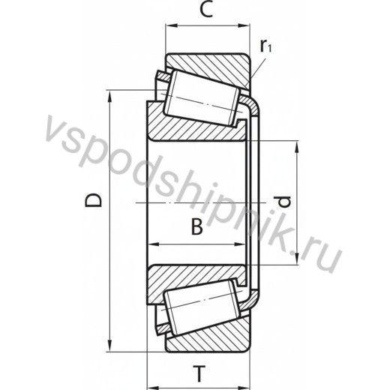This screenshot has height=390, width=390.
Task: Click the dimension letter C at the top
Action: click(x=207, y=10)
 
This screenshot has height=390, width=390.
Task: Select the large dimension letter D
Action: click(x=93, y=200)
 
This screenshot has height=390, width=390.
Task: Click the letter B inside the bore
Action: click(x=197, y=226)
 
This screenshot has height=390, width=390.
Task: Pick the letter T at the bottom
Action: click(x=199, y=373)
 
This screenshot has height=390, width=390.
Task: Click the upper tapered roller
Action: click(x=202, y=97)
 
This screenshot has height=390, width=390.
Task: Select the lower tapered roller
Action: click(x=202, y=307)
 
